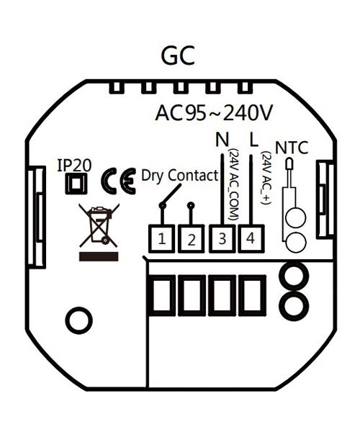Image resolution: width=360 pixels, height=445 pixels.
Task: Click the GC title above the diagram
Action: tap(178, 55)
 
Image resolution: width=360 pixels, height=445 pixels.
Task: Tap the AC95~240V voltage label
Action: tap(214, 113)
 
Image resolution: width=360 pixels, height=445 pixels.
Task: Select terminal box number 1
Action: tap(162, 238)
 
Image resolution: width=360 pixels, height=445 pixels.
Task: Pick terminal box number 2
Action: tap(192, 238)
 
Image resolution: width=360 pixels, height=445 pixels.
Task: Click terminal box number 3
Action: tap(222, 238)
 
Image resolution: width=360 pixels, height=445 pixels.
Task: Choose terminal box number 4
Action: tap(251, 238)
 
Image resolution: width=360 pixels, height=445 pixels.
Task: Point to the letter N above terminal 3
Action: tap(222, 140)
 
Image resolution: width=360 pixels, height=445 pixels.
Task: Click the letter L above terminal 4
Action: tap(254, 140)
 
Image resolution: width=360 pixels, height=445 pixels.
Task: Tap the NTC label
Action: tap(292, 148)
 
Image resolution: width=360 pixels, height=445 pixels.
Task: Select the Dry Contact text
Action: tap(180, 176)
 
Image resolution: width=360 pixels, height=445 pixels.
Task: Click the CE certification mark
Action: tap(119, 181)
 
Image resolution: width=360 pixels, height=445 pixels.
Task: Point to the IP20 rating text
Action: tap(74, 165)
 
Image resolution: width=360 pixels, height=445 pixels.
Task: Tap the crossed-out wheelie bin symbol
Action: tap(99, 225)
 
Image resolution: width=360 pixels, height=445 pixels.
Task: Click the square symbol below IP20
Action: tap(76, 184)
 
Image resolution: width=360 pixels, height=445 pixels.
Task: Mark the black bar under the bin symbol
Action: tap(99, 256)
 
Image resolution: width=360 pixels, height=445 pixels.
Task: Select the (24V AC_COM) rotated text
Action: tap(233, 184)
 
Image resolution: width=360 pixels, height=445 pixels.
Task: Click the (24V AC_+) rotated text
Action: tap(266, 178)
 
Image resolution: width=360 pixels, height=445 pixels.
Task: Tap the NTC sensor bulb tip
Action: tap(289, 164)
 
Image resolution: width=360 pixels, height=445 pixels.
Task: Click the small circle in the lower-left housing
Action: tap(78, 320)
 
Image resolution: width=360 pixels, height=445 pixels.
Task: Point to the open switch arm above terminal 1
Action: tap(172, 194)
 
